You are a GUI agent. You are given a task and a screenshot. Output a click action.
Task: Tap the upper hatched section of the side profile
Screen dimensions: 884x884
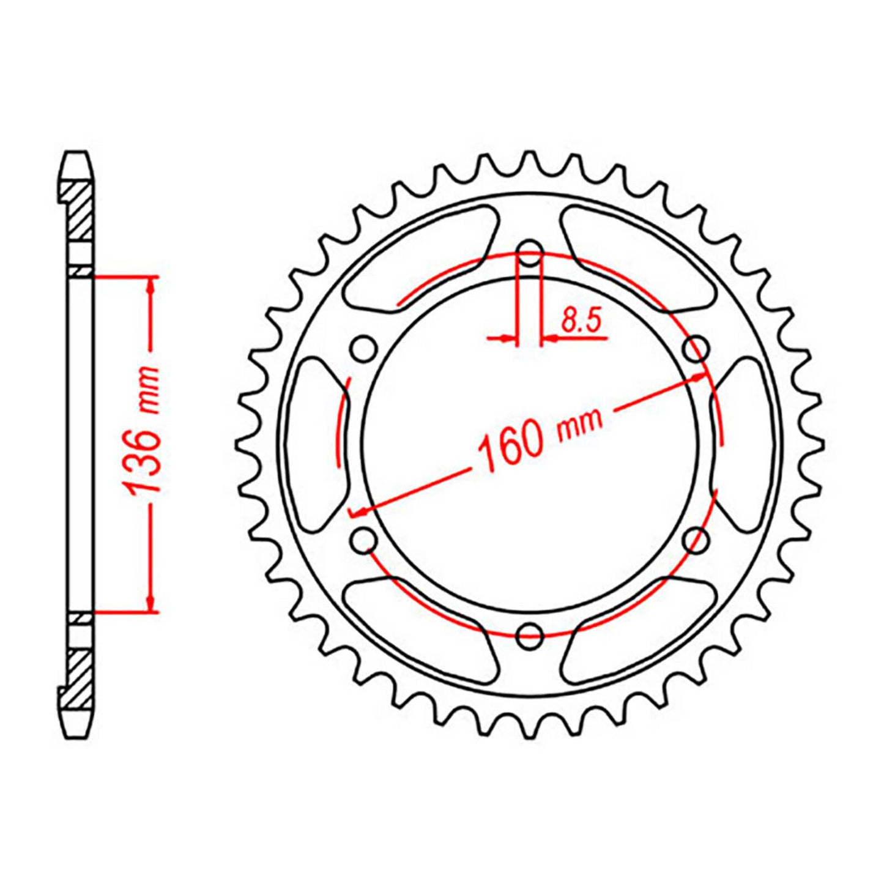coord(78,211)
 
